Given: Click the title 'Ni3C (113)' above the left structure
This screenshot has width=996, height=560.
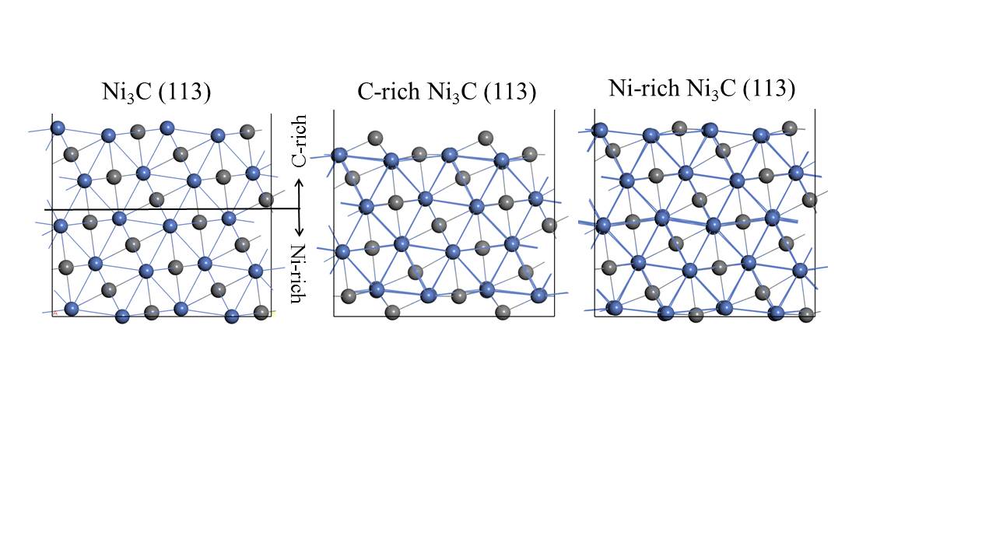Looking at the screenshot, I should pos(156,92).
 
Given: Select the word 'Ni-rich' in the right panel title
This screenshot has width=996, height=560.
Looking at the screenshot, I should pos(644,89).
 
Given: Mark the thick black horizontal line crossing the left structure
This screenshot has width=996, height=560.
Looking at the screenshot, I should pos(171,209).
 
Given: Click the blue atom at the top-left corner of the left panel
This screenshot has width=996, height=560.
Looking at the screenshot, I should pos(57,128).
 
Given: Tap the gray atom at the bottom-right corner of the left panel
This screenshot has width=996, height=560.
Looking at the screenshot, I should pos(261,312).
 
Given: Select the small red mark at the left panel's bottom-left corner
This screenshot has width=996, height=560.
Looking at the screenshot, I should pos(54,313).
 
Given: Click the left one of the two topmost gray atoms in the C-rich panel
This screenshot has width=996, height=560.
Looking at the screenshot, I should pos(375,138).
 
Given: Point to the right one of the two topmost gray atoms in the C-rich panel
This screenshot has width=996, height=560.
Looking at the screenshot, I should pos(486,138).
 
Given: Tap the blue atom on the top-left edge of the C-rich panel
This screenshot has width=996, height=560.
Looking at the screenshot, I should pos(339,155).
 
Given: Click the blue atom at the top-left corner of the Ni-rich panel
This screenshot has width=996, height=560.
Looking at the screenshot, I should pos(599,130).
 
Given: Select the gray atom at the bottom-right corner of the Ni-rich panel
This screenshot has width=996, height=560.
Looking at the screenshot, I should pos(806,314).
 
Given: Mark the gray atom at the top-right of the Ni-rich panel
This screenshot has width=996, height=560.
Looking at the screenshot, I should pos(790,128).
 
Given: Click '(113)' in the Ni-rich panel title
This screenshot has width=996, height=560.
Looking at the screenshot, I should pos(769,89).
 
